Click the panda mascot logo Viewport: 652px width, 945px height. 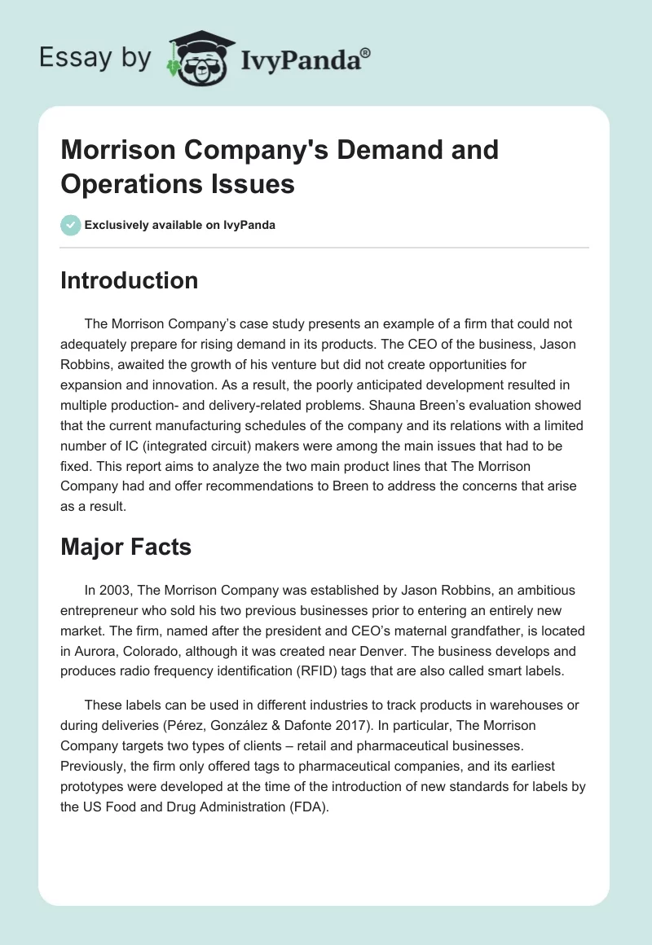coord(199,57)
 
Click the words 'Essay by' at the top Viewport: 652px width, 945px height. coord(96,59)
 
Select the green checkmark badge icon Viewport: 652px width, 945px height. coord(71,225)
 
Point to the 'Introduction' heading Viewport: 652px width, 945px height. coord(130,281)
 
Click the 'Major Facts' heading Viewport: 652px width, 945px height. coord(126,547)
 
